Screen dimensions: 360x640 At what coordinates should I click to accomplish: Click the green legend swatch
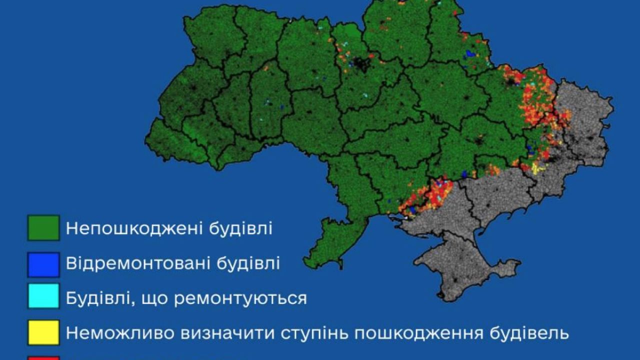click(x=43, y=228)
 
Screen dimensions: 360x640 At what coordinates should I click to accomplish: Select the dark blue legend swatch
click(x=43, y=264)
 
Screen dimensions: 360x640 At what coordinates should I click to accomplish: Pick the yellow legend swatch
click(x=43, y=332)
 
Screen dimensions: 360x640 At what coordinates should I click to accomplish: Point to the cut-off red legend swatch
click(x=43, y=357)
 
